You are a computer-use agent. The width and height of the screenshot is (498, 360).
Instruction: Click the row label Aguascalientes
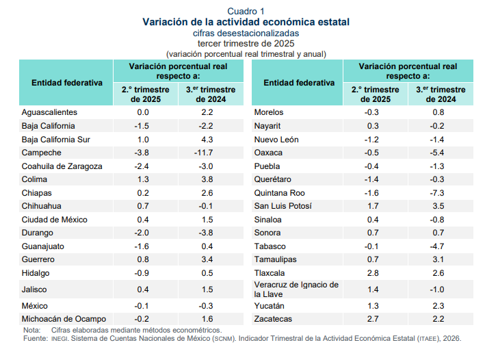click(49, 112)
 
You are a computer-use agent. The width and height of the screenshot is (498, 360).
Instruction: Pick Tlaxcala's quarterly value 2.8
click(372, 273)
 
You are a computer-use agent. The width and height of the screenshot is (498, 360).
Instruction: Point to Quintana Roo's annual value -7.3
click(438, 193)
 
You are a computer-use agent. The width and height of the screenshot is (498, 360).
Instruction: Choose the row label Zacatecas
click(273, 320)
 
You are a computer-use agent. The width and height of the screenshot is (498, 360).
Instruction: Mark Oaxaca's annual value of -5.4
click(438, 153)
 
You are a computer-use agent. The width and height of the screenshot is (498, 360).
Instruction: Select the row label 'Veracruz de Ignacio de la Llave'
click(296, 290)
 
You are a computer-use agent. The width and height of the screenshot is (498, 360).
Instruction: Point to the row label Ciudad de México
click(55, 220)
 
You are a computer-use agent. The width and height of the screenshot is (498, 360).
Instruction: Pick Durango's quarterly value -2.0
click(143, 233)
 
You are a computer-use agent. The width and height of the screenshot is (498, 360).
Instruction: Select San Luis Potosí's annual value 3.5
click(438, 206)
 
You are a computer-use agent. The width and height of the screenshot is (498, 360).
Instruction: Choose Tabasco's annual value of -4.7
click(438, 246)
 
